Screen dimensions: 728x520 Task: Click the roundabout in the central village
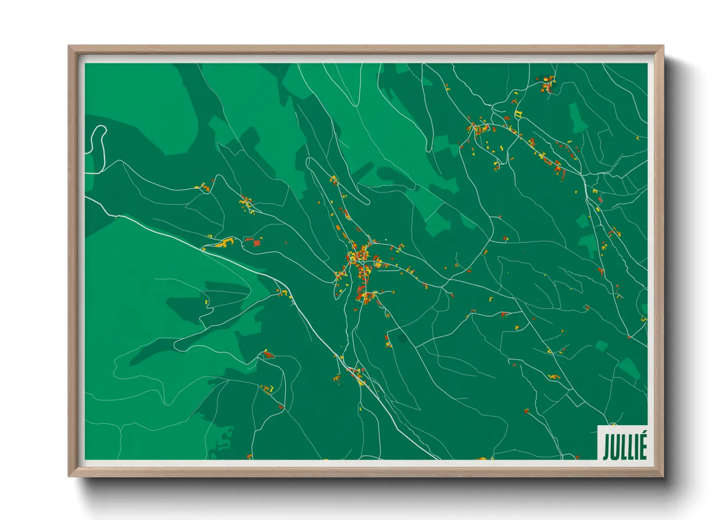click(x=362, y=262)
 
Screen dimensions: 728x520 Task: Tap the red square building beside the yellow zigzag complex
click(x=256, y=242)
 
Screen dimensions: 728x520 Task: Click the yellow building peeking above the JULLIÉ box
click(x=613, y=424)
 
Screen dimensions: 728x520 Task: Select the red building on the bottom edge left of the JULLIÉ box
click(x=577, y=457)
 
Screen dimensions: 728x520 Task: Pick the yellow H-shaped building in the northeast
click(x=517, y=115)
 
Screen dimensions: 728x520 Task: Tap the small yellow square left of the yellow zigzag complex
click(x=210, y=236)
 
